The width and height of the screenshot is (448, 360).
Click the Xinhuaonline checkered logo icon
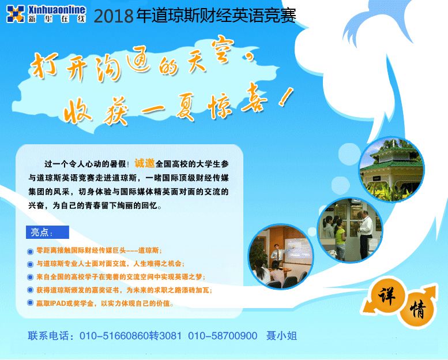16,14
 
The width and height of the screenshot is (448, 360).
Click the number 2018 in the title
114,16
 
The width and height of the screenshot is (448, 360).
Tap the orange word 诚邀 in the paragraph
145,163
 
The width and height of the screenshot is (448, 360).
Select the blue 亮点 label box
47,232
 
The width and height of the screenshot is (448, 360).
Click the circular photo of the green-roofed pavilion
391,169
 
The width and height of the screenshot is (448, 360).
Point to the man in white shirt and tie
365,234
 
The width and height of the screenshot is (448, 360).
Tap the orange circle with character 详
387,295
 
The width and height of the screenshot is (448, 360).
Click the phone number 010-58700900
223,336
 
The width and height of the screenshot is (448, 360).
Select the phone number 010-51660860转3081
130,336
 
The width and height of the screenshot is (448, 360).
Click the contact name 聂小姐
281,336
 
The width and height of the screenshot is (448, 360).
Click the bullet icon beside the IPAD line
31,302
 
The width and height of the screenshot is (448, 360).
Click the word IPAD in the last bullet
58,303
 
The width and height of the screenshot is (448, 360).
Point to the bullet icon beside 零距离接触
31,252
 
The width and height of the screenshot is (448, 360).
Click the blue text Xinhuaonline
57,9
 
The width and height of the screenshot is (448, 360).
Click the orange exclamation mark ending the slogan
287,97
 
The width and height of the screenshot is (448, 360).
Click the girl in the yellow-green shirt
340,239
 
